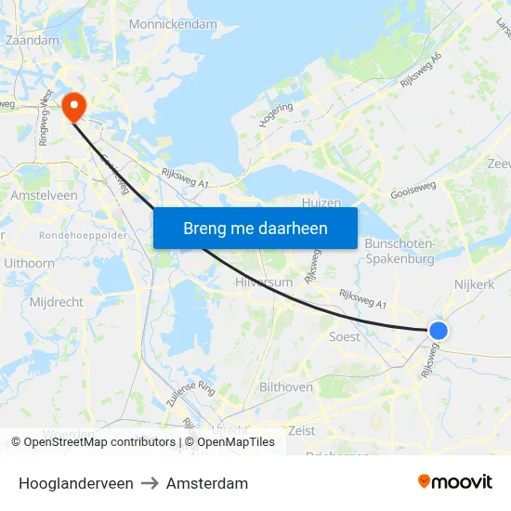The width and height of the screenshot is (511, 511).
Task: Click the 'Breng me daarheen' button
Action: pos(255,228)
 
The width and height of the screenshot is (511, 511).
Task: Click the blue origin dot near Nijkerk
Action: pos(439,330)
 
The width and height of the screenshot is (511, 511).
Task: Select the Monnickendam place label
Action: pos(173,24)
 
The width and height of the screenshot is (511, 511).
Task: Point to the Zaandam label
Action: pos(33,40)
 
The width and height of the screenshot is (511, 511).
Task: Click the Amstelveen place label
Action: pos(44,196)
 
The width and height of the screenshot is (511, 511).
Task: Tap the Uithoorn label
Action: pos(29,264)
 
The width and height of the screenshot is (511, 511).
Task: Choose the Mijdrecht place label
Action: pos(57,302)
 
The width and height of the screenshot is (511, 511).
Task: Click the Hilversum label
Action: pos(265,281)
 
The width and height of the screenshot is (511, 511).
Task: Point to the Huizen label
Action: pos(322,203)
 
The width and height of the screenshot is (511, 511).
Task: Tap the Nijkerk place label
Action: pos(475,284)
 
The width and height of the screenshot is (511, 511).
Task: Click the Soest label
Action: pos(345,336)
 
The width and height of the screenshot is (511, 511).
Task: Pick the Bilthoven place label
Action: pos(286,387)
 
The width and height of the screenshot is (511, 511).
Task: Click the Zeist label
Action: pos(302,430)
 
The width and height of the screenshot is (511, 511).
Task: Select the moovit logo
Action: pos(454,482)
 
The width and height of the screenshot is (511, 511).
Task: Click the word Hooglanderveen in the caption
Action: pos(75,483)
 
